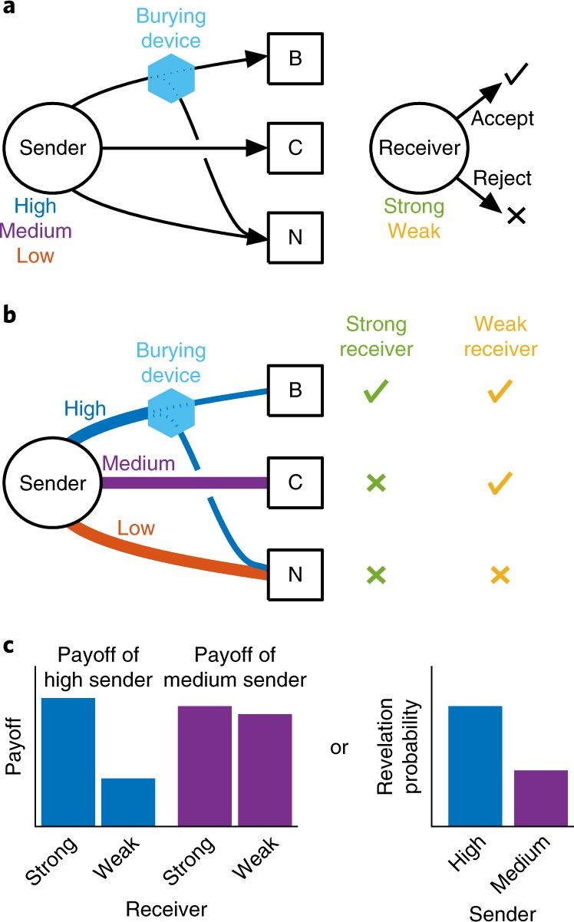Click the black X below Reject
516,217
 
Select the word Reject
503,178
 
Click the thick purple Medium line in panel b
184,483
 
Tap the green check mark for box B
376,393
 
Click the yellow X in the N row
500,575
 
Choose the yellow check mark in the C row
500,483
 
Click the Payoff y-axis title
14,749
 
